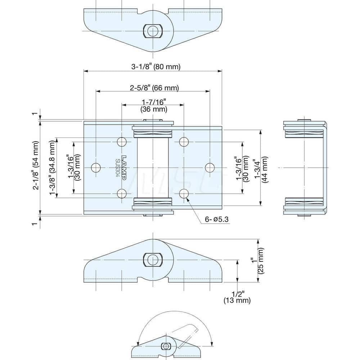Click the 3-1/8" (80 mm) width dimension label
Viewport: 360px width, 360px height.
156,67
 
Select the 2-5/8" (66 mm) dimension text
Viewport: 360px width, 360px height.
154,88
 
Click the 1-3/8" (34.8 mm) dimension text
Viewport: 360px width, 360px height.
53,167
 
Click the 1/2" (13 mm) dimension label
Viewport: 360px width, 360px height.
237,297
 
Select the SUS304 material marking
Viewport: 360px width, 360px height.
118,167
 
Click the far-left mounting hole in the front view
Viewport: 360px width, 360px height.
96,168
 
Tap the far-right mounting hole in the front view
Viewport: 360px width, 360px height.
210,168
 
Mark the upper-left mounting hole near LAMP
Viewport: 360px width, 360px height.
122,141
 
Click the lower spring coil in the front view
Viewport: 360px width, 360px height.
153,202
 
